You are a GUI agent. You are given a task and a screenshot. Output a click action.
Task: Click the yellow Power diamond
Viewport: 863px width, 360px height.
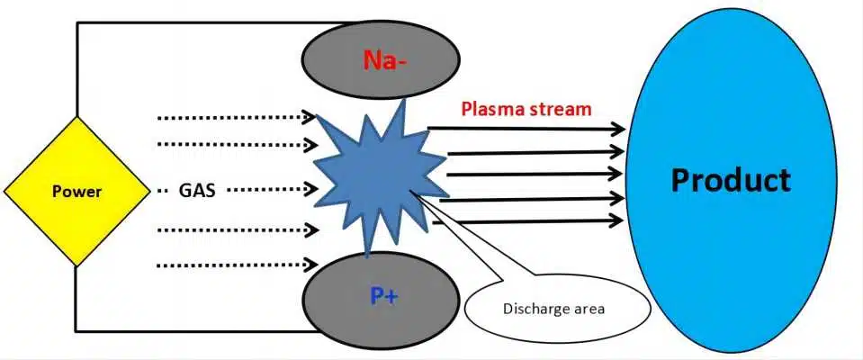(76, 191)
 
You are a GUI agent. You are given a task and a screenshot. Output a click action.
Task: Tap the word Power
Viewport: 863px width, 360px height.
(76, 192)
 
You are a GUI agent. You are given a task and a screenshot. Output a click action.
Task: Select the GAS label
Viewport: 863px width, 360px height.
(197, 191)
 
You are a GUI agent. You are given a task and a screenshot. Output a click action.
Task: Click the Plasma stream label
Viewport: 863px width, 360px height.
(526, 110)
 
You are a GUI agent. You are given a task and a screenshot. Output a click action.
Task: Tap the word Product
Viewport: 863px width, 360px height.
(731, 179)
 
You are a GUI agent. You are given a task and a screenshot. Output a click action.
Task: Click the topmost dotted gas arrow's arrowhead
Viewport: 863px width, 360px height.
(310, 117)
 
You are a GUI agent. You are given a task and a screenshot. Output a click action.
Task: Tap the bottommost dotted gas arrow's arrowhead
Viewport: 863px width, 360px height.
(310, 265)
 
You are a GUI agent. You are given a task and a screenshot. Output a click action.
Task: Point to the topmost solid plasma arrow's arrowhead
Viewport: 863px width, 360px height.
(618, 130)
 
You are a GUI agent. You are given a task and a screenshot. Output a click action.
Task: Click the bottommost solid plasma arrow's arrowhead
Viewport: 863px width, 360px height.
(618, 220)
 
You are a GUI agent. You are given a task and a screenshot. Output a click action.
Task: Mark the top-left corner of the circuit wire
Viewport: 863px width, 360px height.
(77, 23)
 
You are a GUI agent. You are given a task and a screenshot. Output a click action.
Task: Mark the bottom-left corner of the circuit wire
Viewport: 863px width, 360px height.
(77, 330)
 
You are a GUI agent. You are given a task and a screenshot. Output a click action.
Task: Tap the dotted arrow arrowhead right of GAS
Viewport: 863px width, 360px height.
(310, 190)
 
